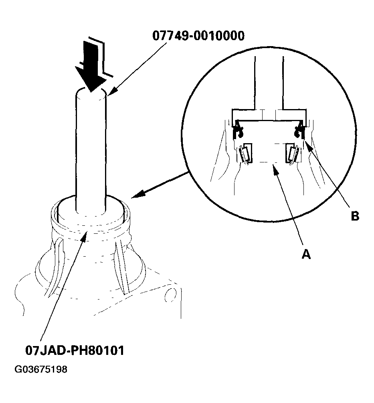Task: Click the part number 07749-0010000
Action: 198,36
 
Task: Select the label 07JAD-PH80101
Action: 75,350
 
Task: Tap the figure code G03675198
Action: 41,369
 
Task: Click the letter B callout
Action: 355,216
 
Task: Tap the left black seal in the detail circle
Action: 237,131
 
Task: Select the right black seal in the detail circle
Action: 298,131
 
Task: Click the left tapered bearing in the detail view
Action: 245,153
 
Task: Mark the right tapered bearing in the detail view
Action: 292,153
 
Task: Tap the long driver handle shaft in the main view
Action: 91,152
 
